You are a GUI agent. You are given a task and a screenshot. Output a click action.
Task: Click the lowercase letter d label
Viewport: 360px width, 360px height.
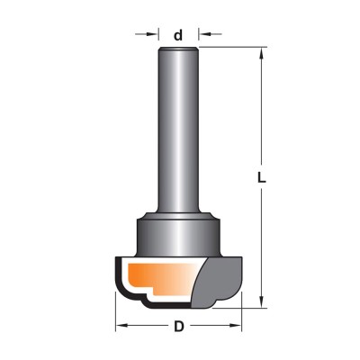pos(178,35)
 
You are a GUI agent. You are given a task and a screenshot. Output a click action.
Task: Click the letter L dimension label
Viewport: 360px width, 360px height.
pos(262,178)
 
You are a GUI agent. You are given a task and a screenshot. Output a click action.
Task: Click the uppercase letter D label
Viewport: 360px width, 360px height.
pos(179,326)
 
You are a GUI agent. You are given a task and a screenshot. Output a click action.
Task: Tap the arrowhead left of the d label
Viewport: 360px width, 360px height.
pos(153,34)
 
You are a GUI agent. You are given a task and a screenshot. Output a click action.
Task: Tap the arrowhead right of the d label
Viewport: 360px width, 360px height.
pos(203,34)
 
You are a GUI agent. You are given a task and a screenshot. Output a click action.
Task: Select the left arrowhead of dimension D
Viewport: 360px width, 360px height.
pos(121,326)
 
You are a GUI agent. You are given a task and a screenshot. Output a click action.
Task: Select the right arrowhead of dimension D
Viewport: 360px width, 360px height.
pos(236,326)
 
